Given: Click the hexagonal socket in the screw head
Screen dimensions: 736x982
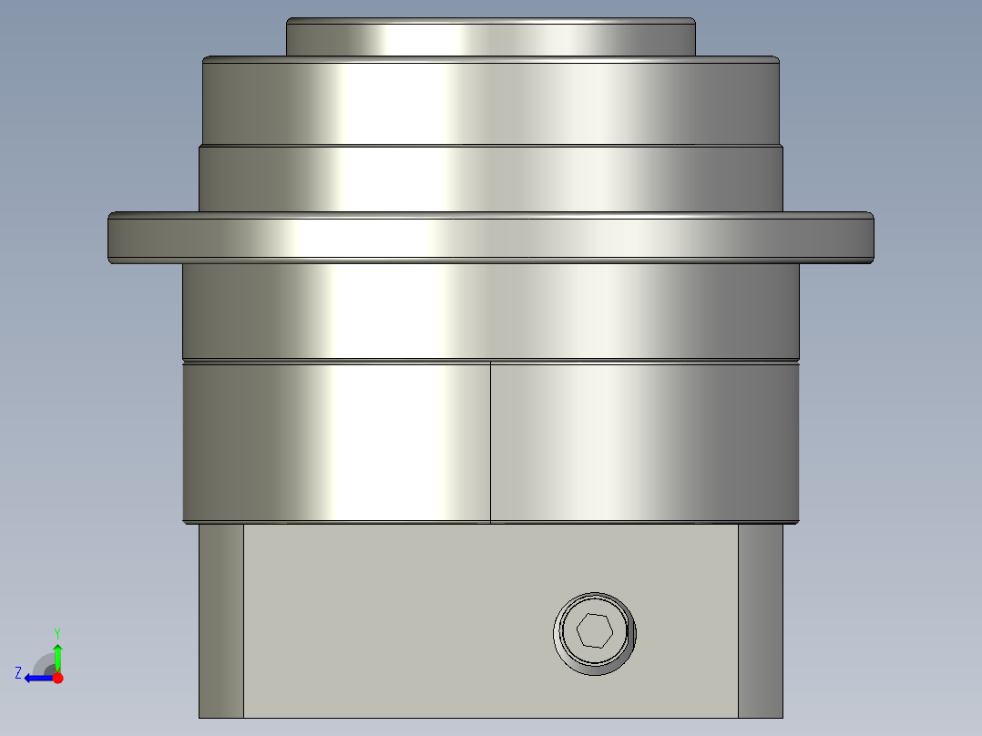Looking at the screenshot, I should coord(594,630).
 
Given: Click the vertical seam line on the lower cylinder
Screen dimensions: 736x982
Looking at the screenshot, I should coord(490,442).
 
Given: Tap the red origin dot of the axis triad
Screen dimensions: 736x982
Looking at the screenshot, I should coord(57,678).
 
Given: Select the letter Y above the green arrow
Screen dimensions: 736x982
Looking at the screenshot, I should coord(57,632).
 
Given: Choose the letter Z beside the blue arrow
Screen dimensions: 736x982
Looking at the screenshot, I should coord(18,672).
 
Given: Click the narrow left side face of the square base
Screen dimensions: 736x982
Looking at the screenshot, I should coord(220,619).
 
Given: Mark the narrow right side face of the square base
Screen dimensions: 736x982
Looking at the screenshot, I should coord(760,619).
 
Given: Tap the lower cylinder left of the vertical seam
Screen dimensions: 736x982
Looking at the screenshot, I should coord(337,442).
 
